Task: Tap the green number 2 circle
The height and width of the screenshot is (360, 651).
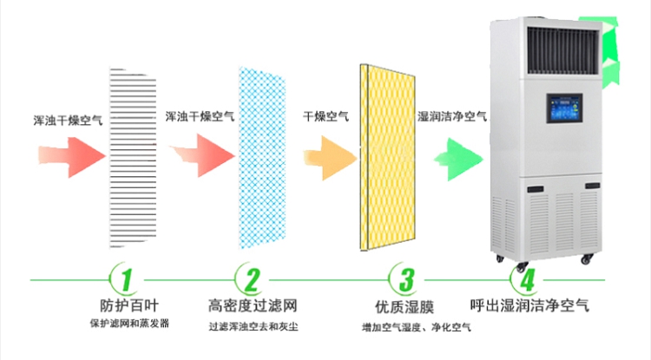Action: (252, 279)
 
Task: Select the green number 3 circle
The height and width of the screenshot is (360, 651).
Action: (405, 279)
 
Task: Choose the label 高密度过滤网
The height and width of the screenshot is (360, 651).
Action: (253, 306)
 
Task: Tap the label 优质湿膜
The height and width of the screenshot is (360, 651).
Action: (405, 306)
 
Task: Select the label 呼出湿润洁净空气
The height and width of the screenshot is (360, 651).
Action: (529, 306)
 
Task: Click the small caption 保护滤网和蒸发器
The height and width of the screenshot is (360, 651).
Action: (128, 324)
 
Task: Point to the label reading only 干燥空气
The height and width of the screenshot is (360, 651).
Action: (326, 116)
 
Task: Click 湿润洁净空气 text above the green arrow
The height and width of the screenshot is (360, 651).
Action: (453, 116)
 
